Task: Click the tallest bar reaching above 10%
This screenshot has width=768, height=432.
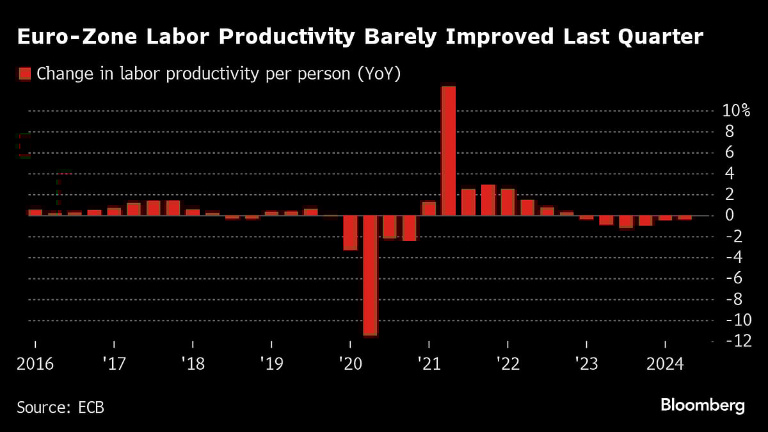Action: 449,151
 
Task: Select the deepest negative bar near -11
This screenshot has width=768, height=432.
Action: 370,276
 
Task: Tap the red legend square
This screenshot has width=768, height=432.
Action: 24,74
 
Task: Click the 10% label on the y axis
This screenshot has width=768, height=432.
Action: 735,111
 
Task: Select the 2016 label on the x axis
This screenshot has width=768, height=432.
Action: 35,365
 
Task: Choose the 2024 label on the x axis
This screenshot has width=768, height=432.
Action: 664,365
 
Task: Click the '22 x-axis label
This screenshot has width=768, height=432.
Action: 507,365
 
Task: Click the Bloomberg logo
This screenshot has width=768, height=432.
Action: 702,406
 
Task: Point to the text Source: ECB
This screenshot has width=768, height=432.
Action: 60,407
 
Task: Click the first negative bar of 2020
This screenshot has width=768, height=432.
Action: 350,232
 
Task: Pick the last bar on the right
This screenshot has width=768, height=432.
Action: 685,218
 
